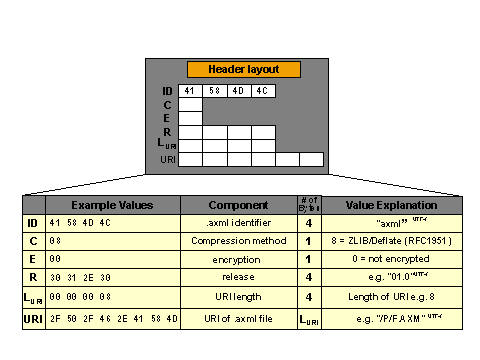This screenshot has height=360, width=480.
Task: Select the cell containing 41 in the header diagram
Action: [190, 91]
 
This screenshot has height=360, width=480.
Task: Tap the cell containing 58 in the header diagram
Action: [215, 91]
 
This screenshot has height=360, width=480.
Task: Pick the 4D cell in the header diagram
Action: [239, 91]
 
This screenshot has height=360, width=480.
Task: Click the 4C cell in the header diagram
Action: [263, 91]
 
